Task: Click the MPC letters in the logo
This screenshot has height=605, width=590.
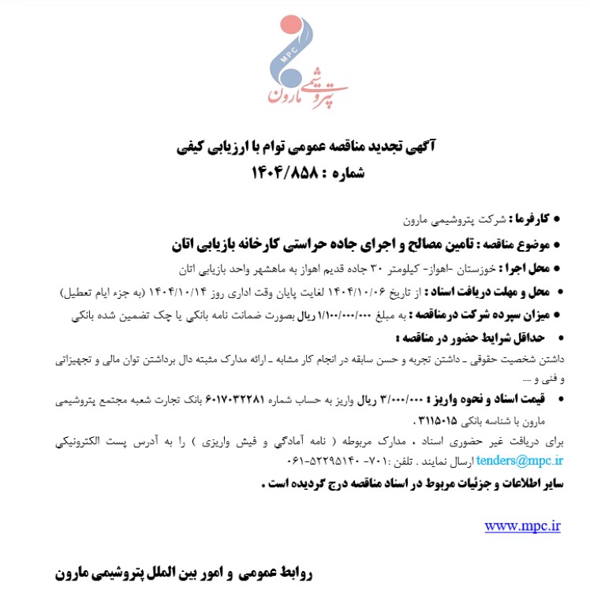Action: pyautogui.click(x=285, y=56)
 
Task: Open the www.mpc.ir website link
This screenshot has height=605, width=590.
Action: pyautogui.click(x=522, y=525)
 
